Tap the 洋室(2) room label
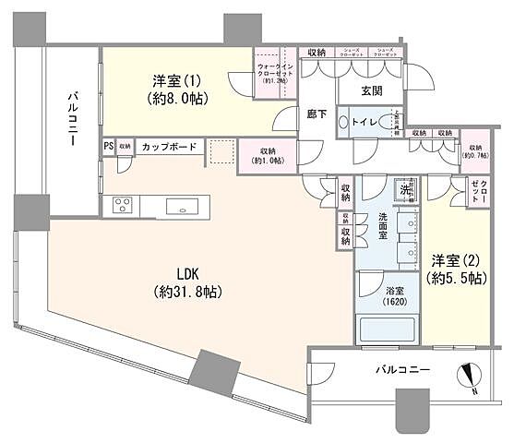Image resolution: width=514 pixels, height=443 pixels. [x=451, y=269]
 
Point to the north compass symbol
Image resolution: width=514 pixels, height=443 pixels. [x=471, y=377]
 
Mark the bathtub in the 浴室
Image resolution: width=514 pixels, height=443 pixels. [x=388, y=327]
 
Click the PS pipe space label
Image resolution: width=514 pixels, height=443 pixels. [x=108, y=146]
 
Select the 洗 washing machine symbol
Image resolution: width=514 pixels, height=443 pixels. [x=405, y=191]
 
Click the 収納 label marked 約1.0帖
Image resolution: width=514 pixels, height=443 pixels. [x=268, y=154]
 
